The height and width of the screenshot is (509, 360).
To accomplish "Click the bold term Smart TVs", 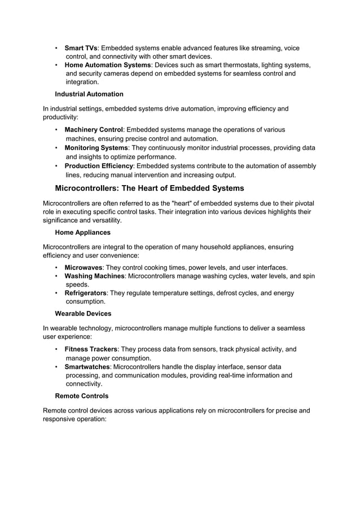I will pyautogui.click(x=81, y=48).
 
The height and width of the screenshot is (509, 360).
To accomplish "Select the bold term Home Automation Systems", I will pyautogui.click(x=108, y=65).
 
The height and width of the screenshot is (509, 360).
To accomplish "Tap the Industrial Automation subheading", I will pyautogui.click(x=89, y=94).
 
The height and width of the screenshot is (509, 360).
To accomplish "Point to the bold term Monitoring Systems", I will pyautogui.click(x=96, y=148).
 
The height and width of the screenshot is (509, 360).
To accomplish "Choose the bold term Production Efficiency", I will pyautogui.click(x=99, y=166).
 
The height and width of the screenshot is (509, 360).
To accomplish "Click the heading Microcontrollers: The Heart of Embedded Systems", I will pyautogui.click(x=150, y=188).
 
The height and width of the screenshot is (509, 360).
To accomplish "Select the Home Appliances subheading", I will pyautogui.click(x=82, y=232).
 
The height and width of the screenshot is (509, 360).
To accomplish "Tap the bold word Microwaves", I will pyautogui.click(x=84, y=267).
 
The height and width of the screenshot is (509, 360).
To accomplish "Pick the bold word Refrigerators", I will pyautogui.click(x=85, y=293).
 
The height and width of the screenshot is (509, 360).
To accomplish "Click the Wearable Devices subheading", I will pyautogui.click(x=83, y=313).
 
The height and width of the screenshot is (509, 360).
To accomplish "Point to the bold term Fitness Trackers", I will pyautogui.click(x=91, y=349).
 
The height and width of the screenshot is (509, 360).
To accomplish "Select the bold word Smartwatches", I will pyautogui.click(x=87, y=367).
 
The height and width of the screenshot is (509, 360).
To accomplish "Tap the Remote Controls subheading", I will pyautogui.click(x=82, y=396).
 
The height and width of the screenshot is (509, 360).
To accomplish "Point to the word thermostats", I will pyautogui.click(x=231, y=65).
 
